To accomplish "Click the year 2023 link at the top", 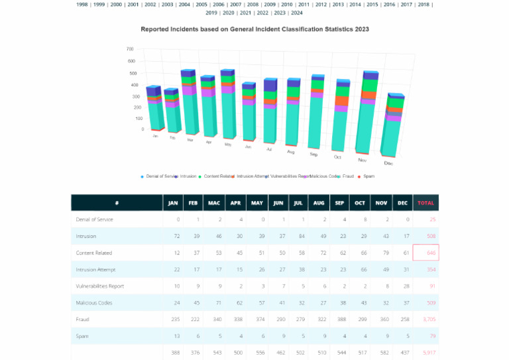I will point(280,13).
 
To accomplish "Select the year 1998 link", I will point(82,4).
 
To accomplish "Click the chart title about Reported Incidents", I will point(254,29).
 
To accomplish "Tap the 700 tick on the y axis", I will point(130,49).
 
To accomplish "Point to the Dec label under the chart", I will point(388,163).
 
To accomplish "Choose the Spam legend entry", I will point(367,176).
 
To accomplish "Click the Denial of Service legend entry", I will point(159,176).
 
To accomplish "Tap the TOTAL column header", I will point(425,203).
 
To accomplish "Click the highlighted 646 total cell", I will point(425,253).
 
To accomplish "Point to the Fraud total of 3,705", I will point(425,320).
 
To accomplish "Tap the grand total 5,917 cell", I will point(425,353).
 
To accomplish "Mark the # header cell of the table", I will point(117,203).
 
